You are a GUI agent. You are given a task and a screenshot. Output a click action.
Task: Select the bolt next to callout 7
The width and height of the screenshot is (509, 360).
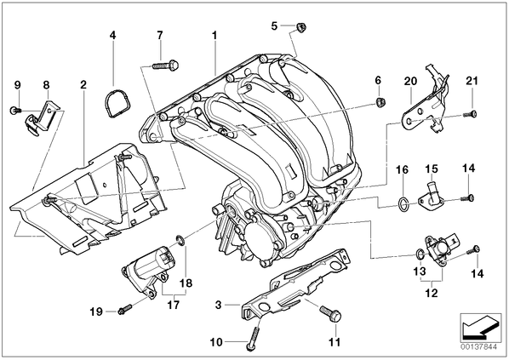click(166, 65)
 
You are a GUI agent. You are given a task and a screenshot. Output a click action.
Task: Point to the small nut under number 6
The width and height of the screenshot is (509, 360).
click(380, 102)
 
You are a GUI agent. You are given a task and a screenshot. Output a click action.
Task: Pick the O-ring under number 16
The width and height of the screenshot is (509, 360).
click(403, 204)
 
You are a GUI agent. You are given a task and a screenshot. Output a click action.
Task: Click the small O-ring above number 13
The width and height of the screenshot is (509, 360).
click(420, 254)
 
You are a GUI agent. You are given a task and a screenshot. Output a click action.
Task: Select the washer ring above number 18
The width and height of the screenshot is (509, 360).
click(180, 240)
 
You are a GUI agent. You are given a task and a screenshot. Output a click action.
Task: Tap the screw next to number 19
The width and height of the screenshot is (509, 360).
click(125, 309)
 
